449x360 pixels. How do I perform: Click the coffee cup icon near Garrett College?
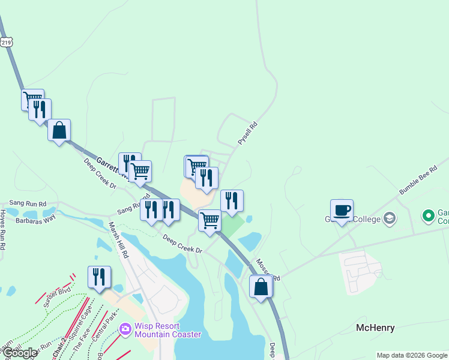coord(342,211)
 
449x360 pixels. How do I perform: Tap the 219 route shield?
coord(6,42)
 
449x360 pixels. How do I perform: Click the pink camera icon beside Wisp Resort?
coord(125,329)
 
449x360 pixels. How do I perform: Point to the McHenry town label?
coord(375,328)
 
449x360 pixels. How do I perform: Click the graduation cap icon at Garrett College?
coord(390,218)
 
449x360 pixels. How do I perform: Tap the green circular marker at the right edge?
coord(428,215)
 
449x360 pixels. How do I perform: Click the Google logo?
coord(19,353)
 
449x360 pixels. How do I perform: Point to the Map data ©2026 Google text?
coord(412,355)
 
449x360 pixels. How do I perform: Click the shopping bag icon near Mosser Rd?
coord(261,286)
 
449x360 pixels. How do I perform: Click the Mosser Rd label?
coord(268,271)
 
